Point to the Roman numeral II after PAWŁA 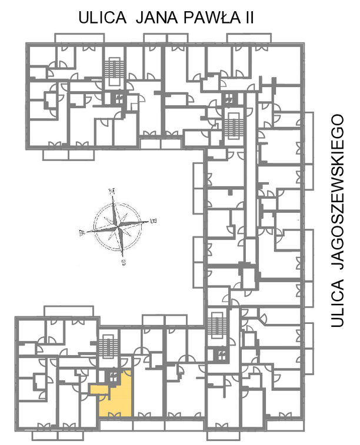[x=248, y=18]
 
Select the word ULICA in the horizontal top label [x=102, y=18]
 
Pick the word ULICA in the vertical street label [x=338, y=303]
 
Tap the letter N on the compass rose [x=112, y=191]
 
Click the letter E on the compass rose [x=154, y=220]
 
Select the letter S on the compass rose [x=124, y=263]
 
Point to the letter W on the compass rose [x=82, y=233]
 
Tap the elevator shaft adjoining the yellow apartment [x=113, y=377]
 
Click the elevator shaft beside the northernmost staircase [x=119, y=98]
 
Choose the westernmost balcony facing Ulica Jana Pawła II [x=79, y=38]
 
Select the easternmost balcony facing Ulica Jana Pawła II [x=249, y=38]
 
